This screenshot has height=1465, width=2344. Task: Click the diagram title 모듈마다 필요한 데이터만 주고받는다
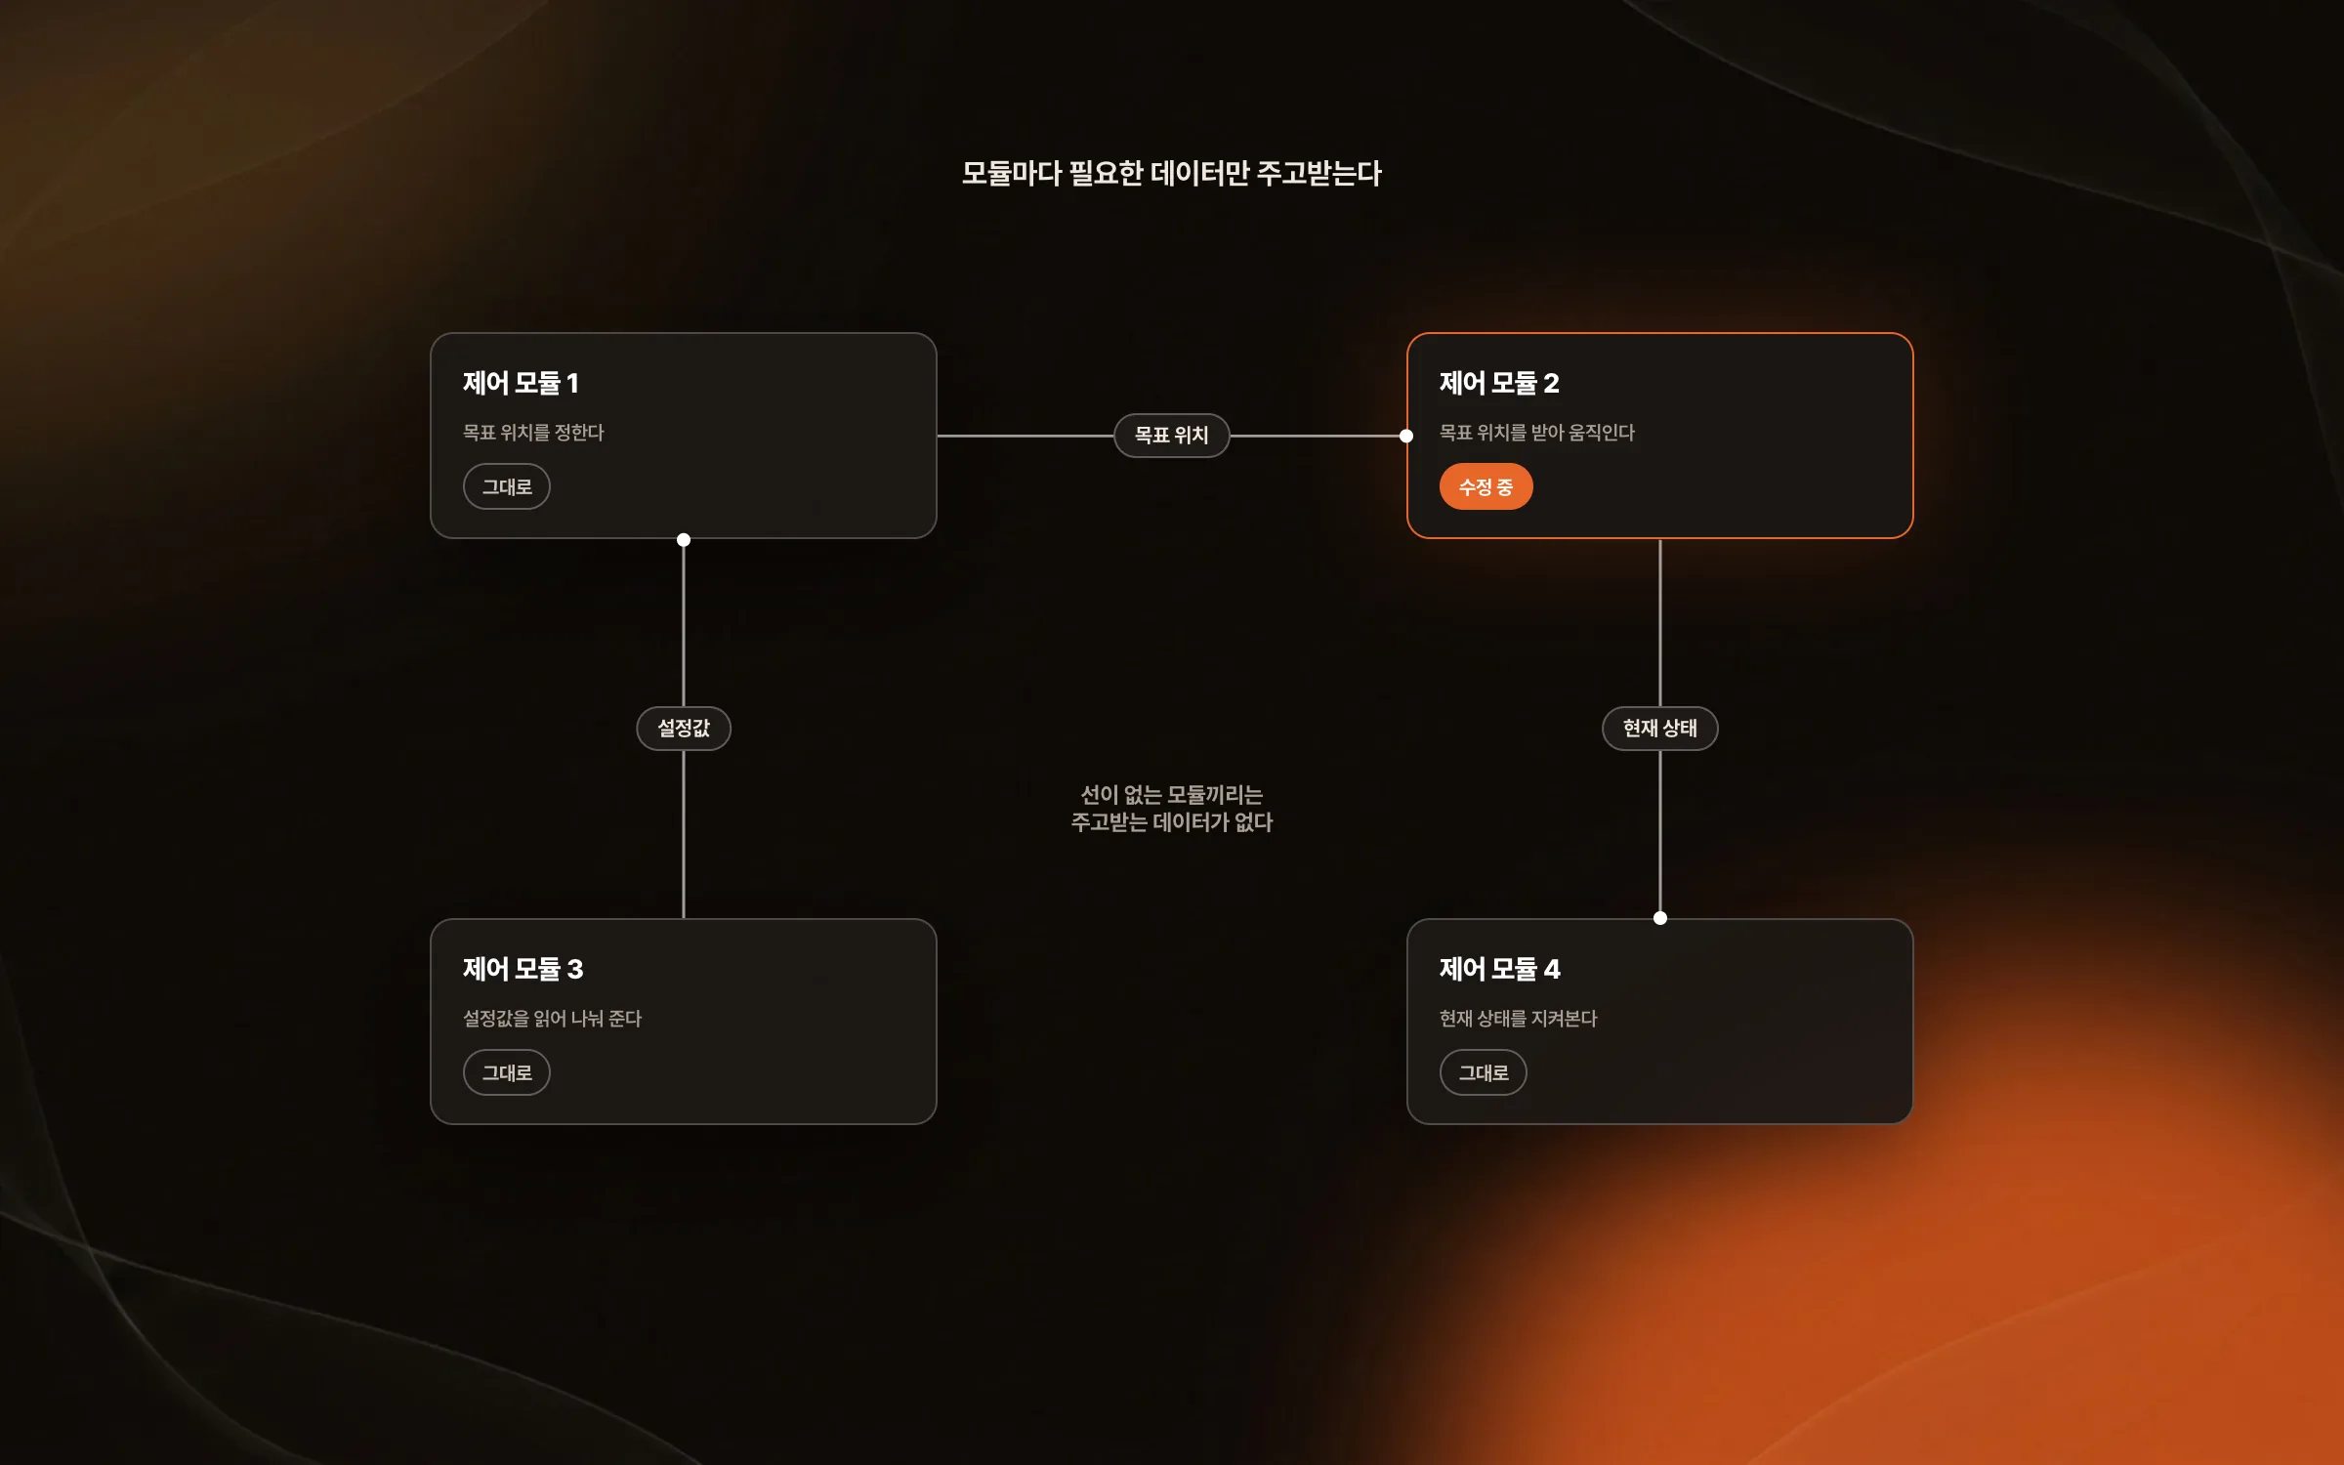click(x=1171, y=174)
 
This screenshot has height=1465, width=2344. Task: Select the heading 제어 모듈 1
click(x=521, y=383)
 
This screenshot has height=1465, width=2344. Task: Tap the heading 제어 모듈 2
click(x=1499, y=383)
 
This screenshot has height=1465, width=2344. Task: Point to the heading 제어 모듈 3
click(x=523, y=969)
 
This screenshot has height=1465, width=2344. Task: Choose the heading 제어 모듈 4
click(x=1499, y=969)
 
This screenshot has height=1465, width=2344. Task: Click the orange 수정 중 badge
click(x=1486, y=486)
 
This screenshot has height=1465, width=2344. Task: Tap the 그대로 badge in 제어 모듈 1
click(x=507, y=486)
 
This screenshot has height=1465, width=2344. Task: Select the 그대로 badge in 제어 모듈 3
click(x=507, y=1072)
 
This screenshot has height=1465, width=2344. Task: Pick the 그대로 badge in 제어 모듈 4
click(x=1484, y=1072)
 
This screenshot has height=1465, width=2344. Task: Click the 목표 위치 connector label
click(x=1172, y=436)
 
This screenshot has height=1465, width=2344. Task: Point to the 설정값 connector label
click(x=684, y=729)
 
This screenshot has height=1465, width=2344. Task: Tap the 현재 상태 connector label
click(x=1660, y=729)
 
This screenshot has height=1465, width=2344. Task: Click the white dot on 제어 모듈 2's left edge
click(x=1406, y=436)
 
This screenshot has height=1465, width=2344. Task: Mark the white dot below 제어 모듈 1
click(x=684, y=540)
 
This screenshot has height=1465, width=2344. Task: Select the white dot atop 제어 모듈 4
click(x=1660, y=918)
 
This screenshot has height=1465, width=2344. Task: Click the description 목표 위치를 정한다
click(x=533, y=433)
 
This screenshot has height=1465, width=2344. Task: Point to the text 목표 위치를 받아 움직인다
click(x=1537, y=433)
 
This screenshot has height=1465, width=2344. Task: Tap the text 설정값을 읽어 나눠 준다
click(x=552, y=1019)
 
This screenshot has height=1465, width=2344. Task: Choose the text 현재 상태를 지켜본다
click(x=1519, y=1019)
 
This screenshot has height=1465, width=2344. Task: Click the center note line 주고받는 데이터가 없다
click(x=1172, y=822)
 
